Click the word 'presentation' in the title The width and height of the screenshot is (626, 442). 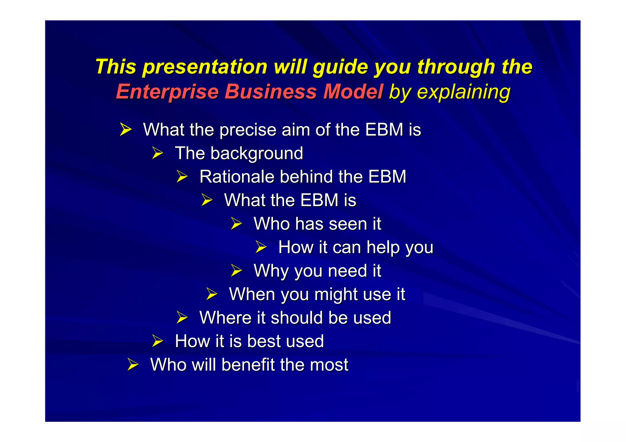[x=205, y=67]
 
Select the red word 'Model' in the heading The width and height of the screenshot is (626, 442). [x=353, y=92]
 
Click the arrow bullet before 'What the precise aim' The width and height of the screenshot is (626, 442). [x=125, y=130]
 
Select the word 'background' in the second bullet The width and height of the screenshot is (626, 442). [x=256, y=153]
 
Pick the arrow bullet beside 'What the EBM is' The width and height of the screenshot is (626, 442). [x=207, y=200]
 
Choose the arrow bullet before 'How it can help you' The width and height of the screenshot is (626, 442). [x=261, y=247]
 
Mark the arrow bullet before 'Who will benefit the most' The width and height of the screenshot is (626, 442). [x=133, y=365]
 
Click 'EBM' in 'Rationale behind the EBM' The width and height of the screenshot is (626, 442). [x=387, y=177]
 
